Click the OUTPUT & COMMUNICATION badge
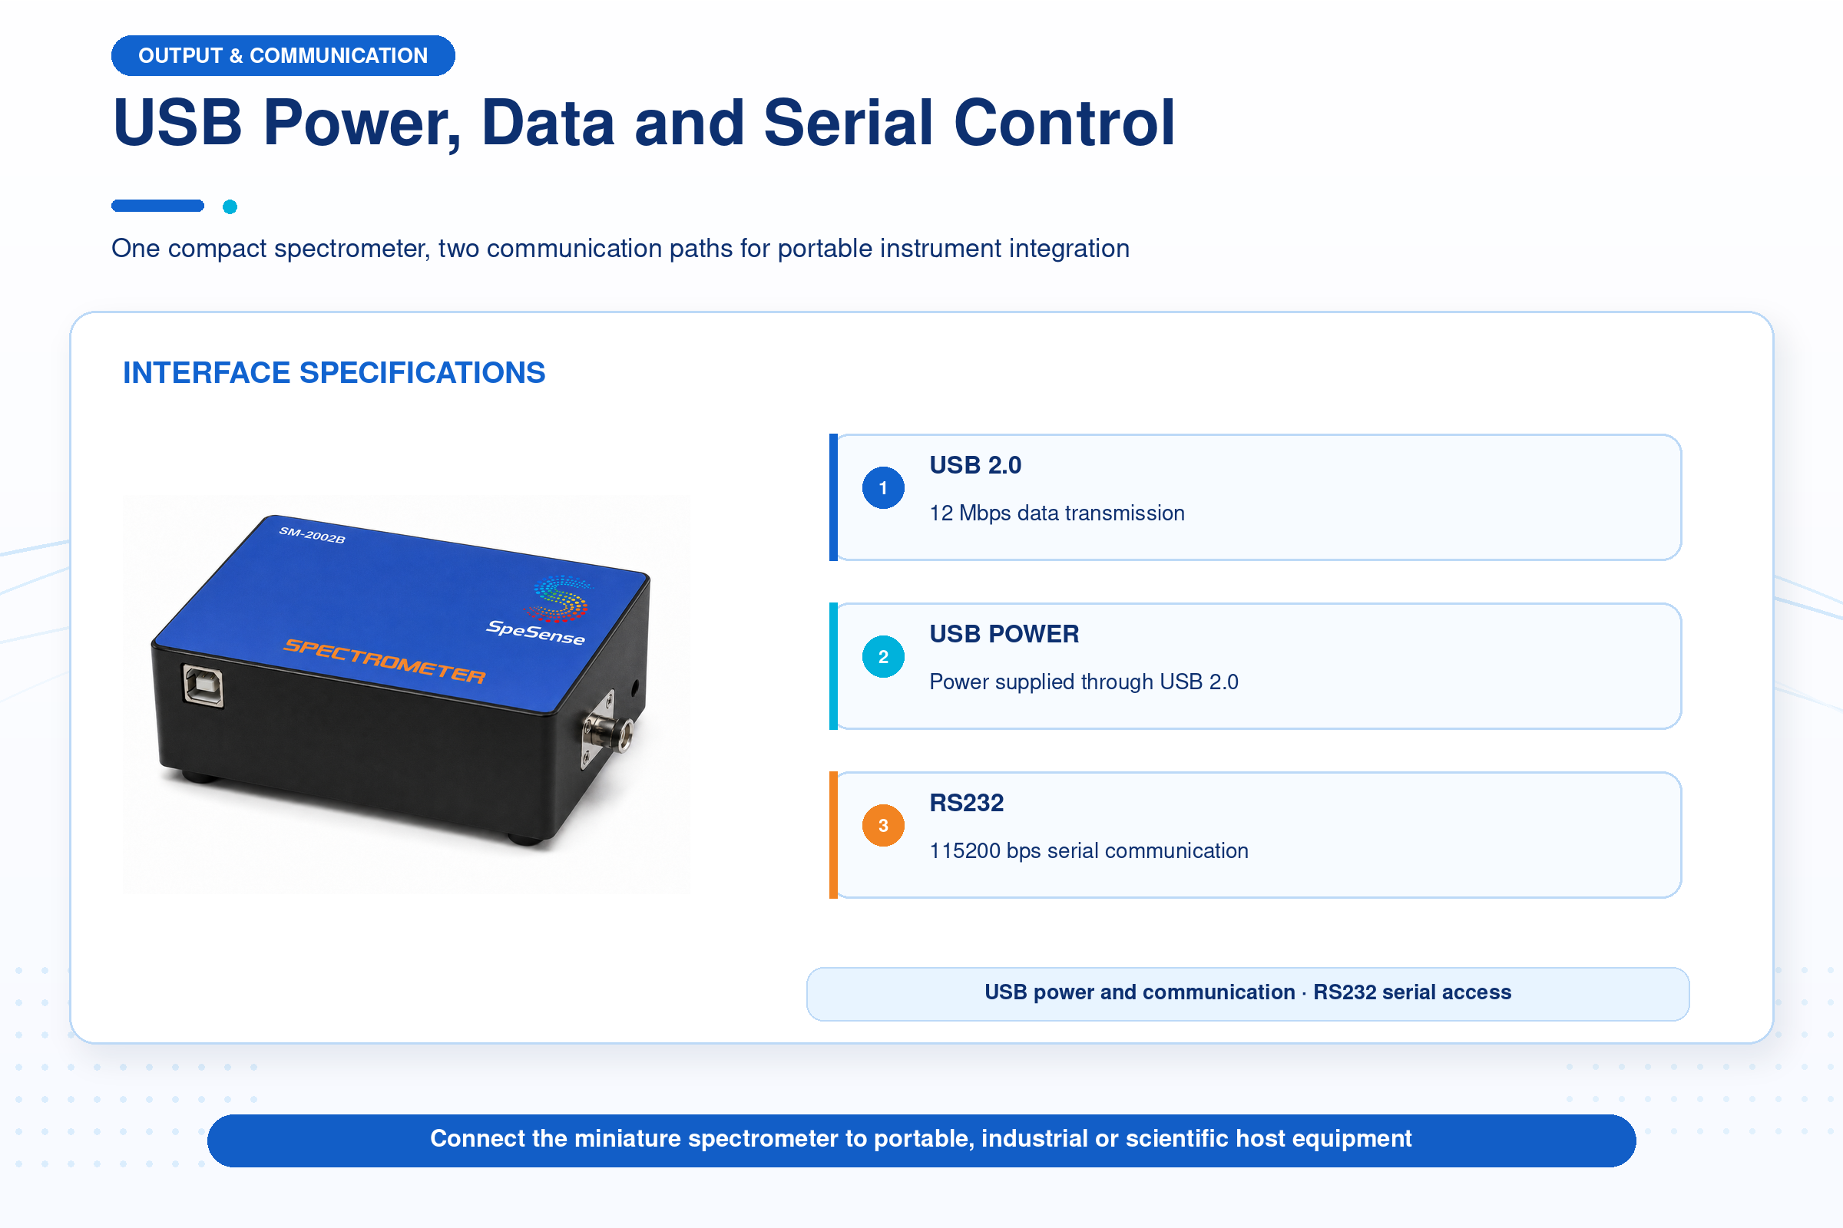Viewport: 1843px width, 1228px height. click(x=283, y=55)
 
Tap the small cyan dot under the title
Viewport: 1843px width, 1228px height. click(x=230, y=206)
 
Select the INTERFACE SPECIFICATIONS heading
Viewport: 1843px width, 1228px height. click(x=334, y=373)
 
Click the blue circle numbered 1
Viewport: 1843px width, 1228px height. click(x=883, y=488)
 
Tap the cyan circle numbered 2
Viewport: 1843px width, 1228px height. click(x=883, y=656)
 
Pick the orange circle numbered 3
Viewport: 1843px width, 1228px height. click(x=883, y=826)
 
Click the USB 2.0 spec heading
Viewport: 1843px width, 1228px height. click(x=974, y=465)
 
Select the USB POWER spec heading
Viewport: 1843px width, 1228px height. click(x=1004, y=634)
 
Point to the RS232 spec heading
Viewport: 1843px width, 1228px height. click(x=966, y=803)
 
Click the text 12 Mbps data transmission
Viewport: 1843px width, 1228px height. click(x=1057, y=513)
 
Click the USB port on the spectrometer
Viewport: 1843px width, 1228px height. click(x=203, y=686)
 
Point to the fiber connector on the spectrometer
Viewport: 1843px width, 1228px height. click(x=608, y=731)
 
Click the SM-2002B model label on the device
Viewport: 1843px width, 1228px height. click(x=312, y=535)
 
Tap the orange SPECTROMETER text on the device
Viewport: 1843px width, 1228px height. click(x=385, y=661)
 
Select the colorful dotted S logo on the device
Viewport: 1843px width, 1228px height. click(x=560, y=599)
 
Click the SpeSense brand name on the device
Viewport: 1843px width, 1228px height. click(x=536, y=632)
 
